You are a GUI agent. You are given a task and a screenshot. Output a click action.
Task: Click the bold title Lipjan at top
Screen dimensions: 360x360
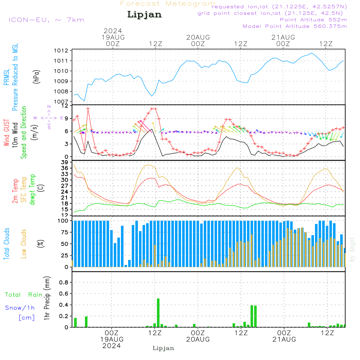point(144,15)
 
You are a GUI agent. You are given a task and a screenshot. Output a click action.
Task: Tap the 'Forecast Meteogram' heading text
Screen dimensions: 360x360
point(168,4)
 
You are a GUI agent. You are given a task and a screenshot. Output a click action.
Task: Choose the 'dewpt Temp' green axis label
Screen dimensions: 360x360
point(32,189)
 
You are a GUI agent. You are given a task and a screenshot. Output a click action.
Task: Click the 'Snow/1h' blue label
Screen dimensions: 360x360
point(20,308)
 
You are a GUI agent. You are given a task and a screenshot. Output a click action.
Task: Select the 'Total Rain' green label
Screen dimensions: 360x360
point(24,294)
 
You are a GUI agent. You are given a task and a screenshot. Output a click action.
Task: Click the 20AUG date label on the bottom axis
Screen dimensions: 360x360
point(198,339)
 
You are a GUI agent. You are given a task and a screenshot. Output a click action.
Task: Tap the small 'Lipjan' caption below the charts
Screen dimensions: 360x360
point(163,348)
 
